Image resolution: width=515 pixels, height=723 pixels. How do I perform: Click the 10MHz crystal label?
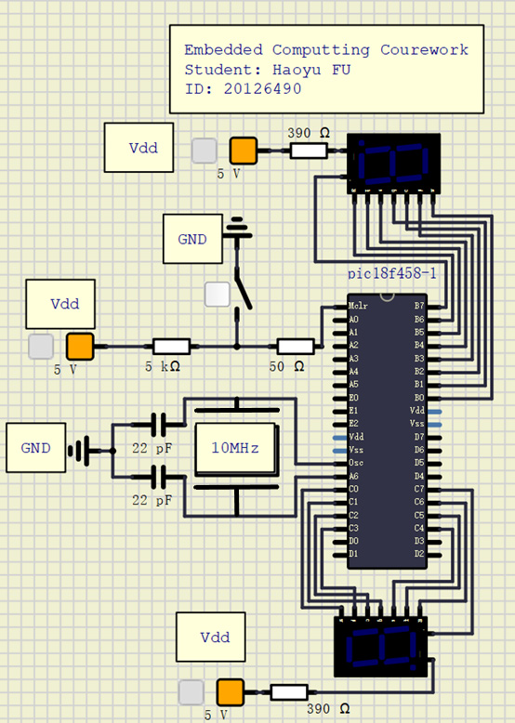pos(235,448)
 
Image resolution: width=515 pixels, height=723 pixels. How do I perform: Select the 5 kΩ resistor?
pos(172,347)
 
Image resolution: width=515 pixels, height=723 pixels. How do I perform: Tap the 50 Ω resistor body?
pos(296,347)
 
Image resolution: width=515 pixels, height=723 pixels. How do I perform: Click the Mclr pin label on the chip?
pos(360,306)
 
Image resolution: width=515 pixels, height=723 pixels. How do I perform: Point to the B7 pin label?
pos(418,306)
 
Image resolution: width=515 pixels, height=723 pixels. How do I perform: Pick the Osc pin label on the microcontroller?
pos(356,462)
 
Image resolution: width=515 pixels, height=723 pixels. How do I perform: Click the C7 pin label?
pos(418,489)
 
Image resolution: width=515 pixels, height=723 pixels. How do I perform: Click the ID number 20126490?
pos(262,88)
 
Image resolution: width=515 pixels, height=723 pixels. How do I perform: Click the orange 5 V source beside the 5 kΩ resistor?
pos(80,347)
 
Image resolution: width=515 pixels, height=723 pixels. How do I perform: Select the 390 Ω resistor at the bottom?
pos(288,692)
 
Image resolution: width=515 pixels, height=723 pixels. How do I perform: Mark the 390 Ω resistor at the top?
pos(309,150)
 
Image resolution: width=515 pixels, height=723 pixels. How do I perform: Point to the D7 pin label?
pos(418,436)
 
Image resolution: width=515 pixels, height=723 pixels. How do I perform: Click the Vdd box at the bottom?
pos(211,638)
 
